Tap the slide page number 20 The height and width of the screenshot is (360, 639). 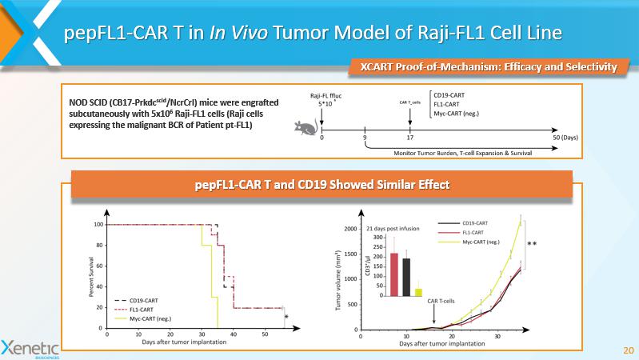627,350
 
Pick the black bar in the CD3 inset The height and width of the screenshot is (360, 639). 406,277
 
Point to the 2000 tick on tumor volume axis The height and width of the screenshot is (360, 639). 350,230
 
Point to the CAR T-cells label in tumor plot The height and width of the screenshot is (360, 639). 441,301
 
